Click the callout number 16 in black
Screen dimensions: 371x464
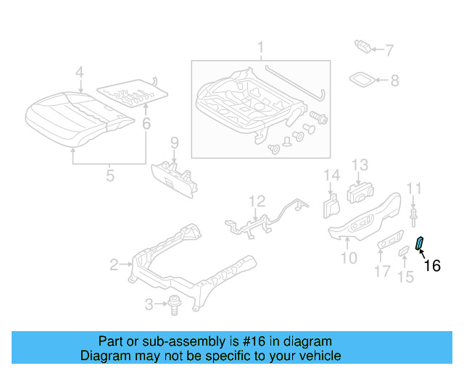pyautogui.click(x=431, y=266)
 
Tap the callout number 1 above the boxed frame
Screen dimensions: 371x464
pyautogui.click(x=260, y=49)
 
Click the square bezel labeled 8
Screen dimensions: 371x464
pyautogui.click(x=363, y=79)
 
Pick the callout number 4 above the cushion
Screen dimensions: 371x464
pyautogui.click(x=80, y=72)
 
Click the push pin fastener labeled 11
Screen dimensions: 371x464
pyautogui.click(x=414, y=212)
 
